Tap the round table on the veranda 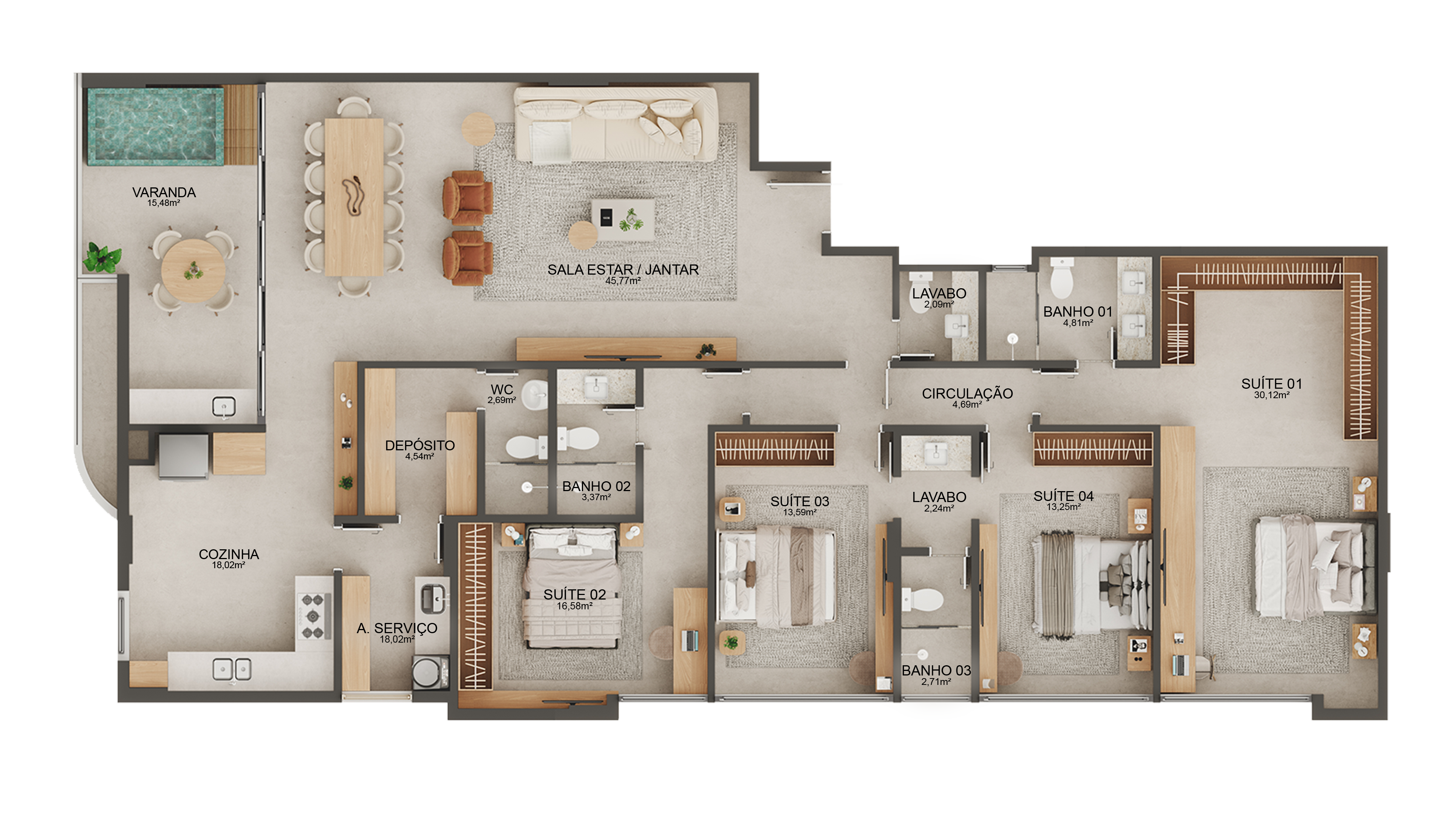[193, 271]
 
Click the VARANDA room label [164, 193]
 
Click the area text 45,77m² [623, 280]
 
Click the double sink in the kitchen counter [232, 669]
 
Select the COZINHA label [229, 554]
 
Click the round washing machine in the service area [430, 672]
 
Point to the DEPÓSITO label [420, 445]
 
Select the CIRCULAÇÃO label [967, 394]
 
